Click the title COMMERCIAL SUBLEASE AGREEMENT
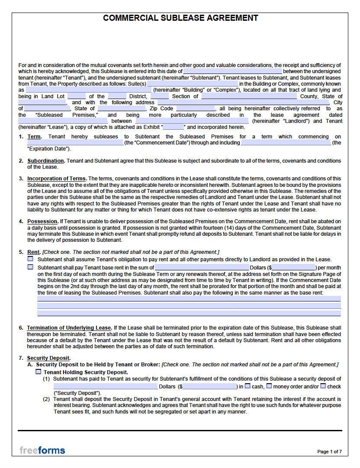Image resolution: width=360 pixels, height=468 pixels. (x=180, y=18)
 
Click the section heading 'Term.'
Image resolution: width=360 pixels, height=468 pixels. (x=34, y=137)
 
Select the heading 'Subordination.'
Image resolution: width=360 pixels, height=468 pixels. (x=46, y=161)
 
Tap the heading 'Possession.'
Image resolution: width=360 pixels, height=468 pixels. (x=42, y=221)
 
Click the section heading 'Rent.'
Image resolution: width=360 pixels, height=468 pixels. (x=34, y=252)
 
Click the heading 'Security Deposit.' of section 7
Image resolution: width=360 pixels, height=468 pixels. (x=48, y=358)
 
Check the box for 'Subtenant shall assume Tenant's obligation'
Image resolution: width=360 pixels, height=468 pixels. (x=30, y=259)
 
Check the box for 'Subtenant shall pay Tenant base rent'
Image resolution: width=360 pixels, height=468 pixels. (x=30, y=267)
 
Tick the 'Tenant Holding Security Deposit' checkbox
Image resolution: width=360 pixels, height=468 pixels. (x=38, y=372)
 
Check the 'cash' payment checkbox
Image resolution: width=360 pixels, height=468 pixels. (x=247, y=386)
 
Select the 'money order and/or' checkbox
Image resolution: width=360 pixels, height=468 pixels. (x=269, y=386)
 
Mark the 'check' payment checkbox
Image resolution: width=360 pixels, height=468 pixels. (x=323, y=386)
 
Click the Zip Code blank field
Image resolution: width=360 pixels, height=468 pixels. (x=196, y=109)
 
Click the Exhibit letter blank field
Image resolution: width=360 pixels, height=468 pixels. (x=174, y=127)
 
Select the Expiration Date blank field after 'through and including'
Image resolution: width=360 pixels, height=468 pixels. (x=285, y=143)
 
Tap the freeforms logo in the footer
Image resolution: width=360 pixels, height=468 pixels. (x=42, y=450)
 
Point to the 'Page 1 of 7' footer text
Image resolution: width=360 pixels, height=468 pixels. (x=329, y=452)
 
